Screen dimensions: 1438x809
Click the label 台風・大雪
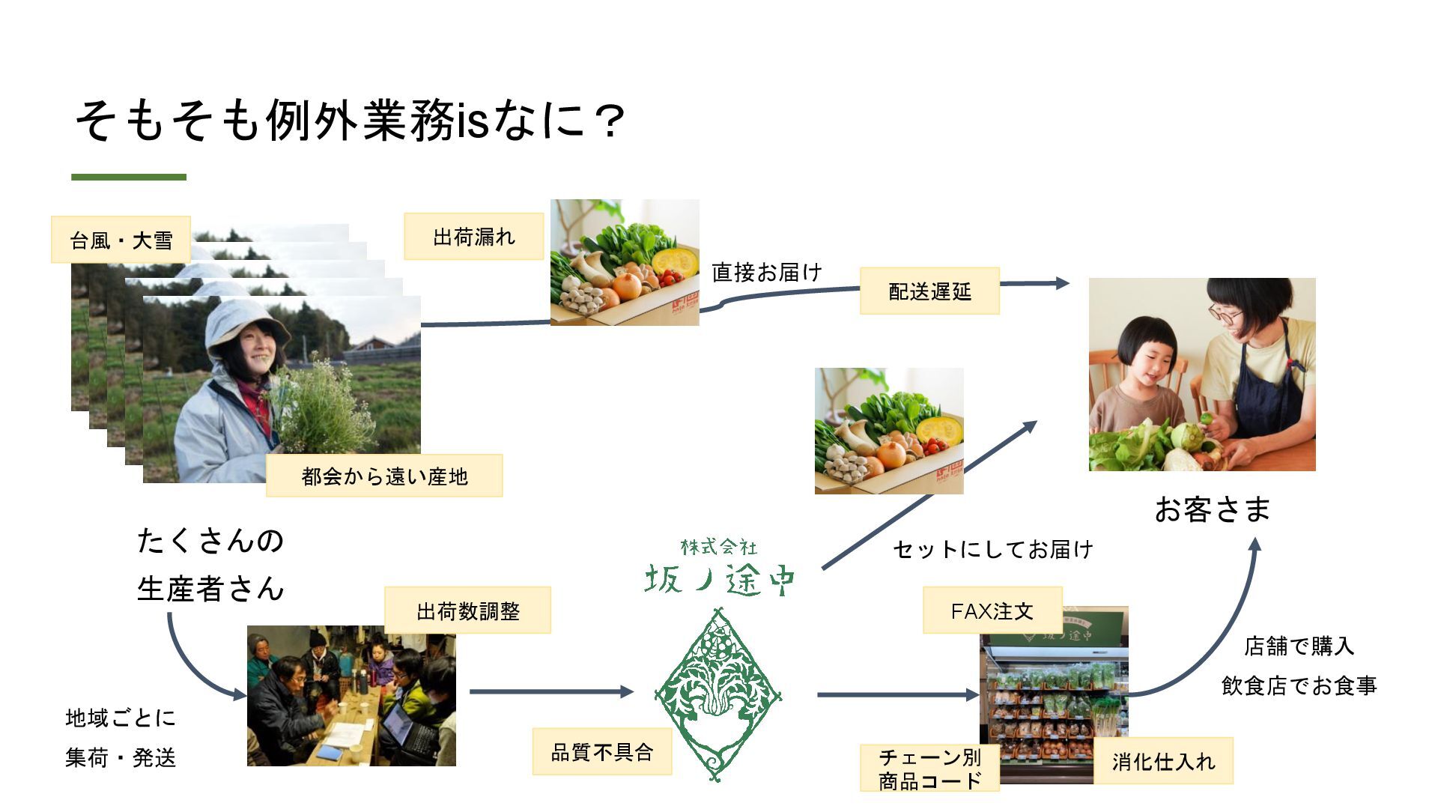click(x=121, y=240)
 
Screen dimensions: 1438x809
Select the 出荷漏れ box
click(x=473, y=237)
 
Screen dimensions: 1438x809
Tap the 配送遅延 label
click(x=929, y=291)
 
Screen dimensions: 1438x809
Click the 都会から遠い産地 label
click(x=384, y=476)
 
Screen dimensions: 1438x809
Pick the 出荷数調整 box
click(x=467, y=610)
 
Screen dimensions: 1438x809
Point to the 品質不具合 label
click(x=601, y=751)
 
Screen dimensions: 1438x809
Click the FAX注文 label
click(x=992, y=610)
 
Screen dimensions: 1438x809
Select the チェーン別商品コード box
click(x=929, y=769)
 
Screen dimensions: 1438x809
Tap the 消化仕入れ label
click(x=1162, y=761)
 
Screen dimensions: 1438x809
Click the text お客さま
click(x=1213, y=509)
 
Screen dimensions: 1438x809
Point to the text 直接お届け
click(x=766, y=272)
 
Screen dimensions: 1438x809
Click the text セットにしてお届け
click(x=992, y=549)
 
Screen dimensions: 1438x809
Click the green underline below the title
click(x=129, y=178)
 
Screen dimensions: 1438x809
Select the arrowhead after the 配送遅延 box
click(x=1061, y=283)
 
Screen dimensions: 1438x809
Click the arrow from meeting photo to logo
click(x=550, y=691)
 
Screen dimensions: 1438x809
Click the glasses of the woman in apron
click(x=1225, y=315)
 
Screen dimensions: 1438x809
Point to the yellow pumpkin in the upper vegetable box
click(x=675, y=262)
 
